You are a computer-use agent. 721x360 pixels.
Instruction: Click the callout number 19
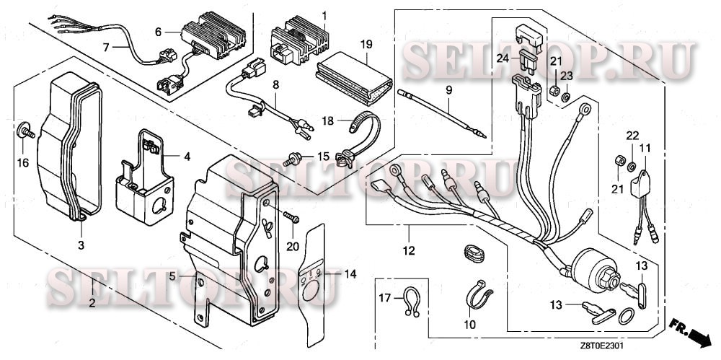(366, 45)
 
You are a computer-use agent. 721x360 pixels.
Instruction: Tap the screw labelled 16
(26, 131)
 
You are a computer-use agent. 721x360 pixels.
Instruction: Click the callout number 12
(409, 251)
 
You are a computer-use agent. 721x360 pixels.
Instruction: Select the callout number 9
(448, 90)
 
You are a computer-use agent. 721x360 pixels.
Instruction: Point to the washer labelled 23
(567, 97)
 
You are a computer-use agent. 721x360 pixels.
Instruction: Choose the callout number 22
(632, 135)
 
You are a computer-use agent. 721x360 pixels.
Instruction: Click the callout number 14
(350, 274)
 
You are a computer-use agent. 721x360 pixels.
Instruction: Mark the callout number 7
(106, 46)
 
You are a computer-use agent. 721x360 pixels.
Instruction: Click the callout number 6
(158, 32)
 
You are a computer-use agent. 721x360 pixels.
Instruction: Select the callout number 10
(470, 325)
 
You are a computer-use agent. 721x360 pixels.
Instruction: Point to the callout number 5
(172, 276)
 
